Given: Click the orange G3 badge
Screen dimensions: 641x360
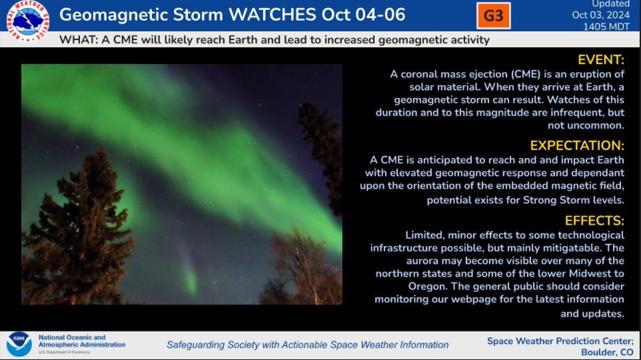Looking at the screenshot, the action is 494,15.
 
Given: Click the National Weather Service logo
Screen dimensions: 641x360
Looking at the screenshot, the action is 28,21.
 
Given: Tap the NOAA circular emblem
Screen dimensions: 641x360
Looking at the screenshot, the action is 19,343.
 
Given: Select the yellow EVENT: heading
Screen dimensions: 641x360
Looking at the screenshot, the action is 601,60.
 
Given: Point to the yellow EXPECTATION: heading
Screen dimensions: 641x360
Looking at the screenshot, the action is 577,145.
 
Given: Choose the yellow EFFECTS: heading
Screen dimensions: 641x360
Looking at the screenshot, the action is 594,221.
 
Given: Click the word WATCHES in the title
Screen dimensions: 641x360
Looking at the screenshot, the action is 272,15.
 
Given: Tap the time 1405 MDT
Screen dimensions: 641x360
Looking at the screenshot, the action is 606,27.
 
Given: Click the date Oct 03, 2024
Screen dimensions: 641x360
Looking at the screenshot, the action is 600,15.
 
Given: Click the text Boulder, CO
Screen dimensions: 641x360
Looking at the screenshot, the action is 607,352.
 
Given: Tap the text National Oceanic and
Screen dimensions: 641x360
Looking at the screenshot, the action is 72,337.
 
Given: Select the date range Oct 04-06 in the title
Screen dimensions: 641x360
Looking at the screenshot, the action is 363,15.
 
